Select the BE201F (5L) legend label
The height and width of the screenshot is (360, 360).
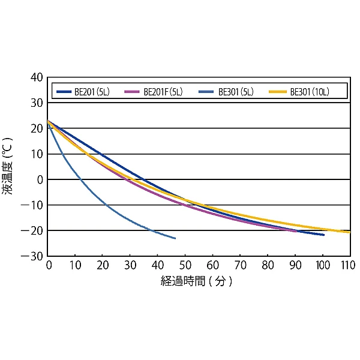pyautogui.click(x=163, y=92)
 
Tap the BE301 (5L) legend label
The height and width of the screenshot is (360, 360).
pyautogui.click(x=235, y=92)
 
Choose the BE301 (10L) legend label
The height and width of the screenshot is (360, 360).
pyautogui.click(x=310, y=92)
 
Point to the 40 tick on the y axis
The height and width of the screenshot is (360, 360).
pyautogui.click(x=37, y=77)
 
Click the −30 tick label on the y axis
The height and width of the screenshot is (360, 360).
pyautogui.click(x=34, y=256)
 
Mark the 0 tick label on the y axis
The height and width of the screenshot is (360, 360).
pyautogui.click(x=40, y=179)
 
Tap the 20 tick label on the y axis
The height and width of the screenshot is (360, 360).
pyautogui.click(x=37, y=128)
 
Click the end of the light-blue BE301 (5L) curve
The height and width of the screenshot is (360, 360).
pyautogui.click(x=175, y=238)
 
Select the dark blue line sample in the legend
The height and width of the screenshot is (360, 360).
pyautogui.click(x=64, y=92)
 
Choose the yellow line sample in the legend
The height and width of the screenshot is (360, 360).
pyautogui.click(x=278, y=92)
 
